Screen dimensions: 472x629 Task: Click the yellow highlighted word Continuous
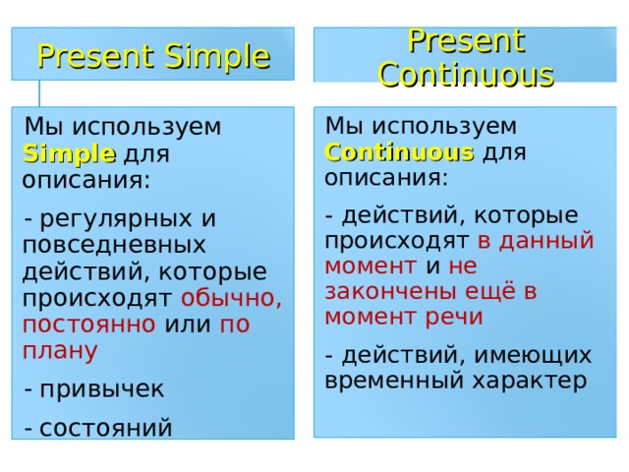coord(399,152)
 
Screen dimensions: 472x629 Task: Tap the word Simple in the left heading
coord(219,57)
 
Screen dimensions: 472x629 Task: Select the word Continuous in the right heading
coord(466,74)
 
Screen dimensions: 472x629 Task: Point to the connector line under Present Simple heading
coord(40,92)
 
